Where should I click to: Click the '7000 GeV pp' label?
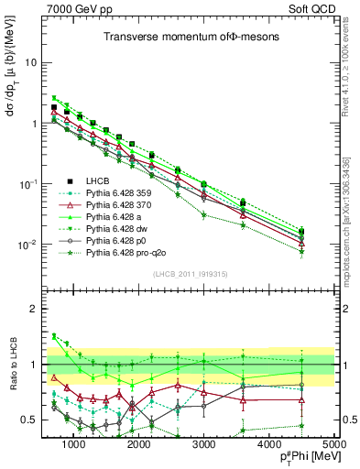point(76,9)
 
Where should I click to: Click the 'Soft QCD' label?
point(312,9)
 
